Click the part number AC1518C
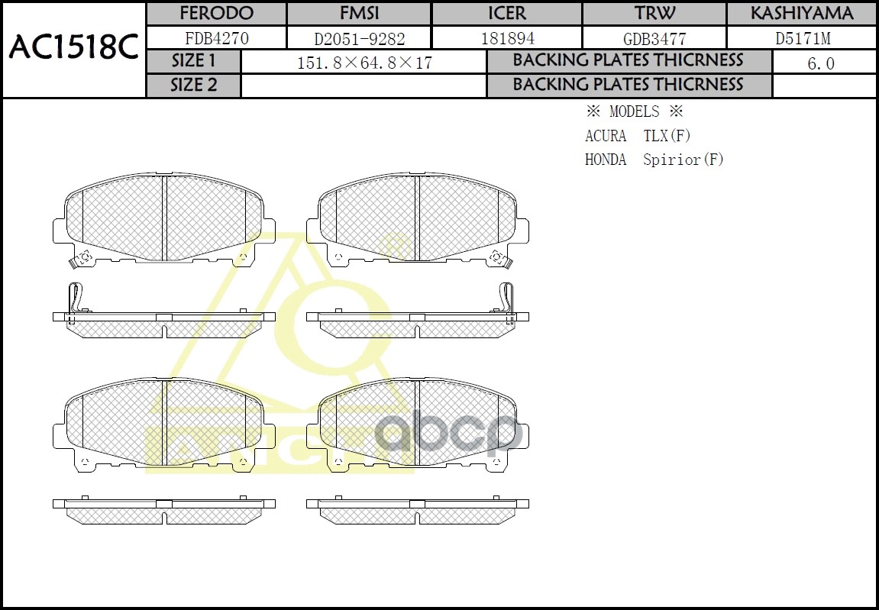(x=73, y=49)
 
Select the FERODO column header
(x=216, y=14)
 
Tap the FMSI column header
(x=359, y=14)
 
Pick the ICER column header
(x=507, y=14)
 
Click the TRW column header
(x=654, y=14)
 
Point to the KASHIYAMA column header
(x=801, y=14)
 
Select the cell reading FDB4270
(x=217, y=38)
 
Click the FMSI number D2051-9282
(x=360, y=38)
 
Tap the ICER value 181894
(x=507, y=38)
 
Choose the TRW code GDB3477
(x=654, y=38)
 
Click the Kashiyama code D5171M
(x=802, y=38)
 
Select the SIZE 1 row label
(x=194, y=61)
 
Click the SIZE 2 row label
(x=194, y=86)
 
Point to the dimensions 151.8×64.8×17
(x=364, y=63)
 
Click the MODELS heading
(x=634, y=111)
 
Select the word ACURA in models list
(x=606, y=136)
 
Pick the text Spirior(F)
(x=683, y=160)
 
